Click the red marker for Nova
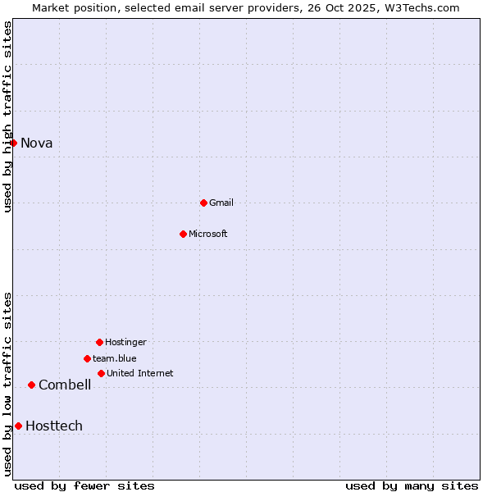click(x=13, y=143)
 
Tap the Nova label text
click(x=37, y=143)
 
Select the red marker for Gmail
click(x=203, y=203)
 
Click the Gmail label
click(x=221, y=203)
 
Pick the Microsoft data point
click(x=183, y=234)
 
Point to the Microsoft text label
click(x=208, y=234)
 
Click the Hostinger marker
click(x=99, y=342)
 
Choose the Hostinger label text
click(x=125, y=342)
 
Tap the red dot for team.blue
click(x=87, y=358)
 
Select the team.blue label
click(x=115, y=358)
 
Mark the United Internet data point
click(x=101, y=373)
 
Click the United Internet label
click(x=140, y=373)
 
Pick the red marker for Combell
click(x=31, y=385)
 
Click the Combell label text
click(x=65, y=385)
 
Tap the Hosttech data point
click(x=18, y=426)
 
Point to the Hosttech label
click(x=54, y=426)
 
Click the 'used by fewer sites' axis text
click(x=84, y=485)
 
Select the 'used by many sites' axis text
click(x=412, y=485)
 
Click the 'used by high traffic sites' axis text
click(x=7, y=116)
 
